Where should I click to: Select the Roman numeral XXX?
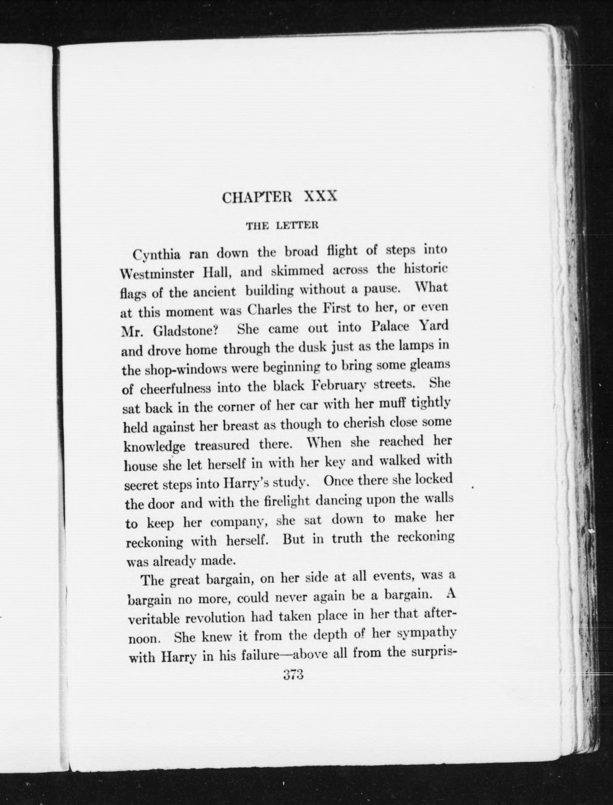click(320, 197)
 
